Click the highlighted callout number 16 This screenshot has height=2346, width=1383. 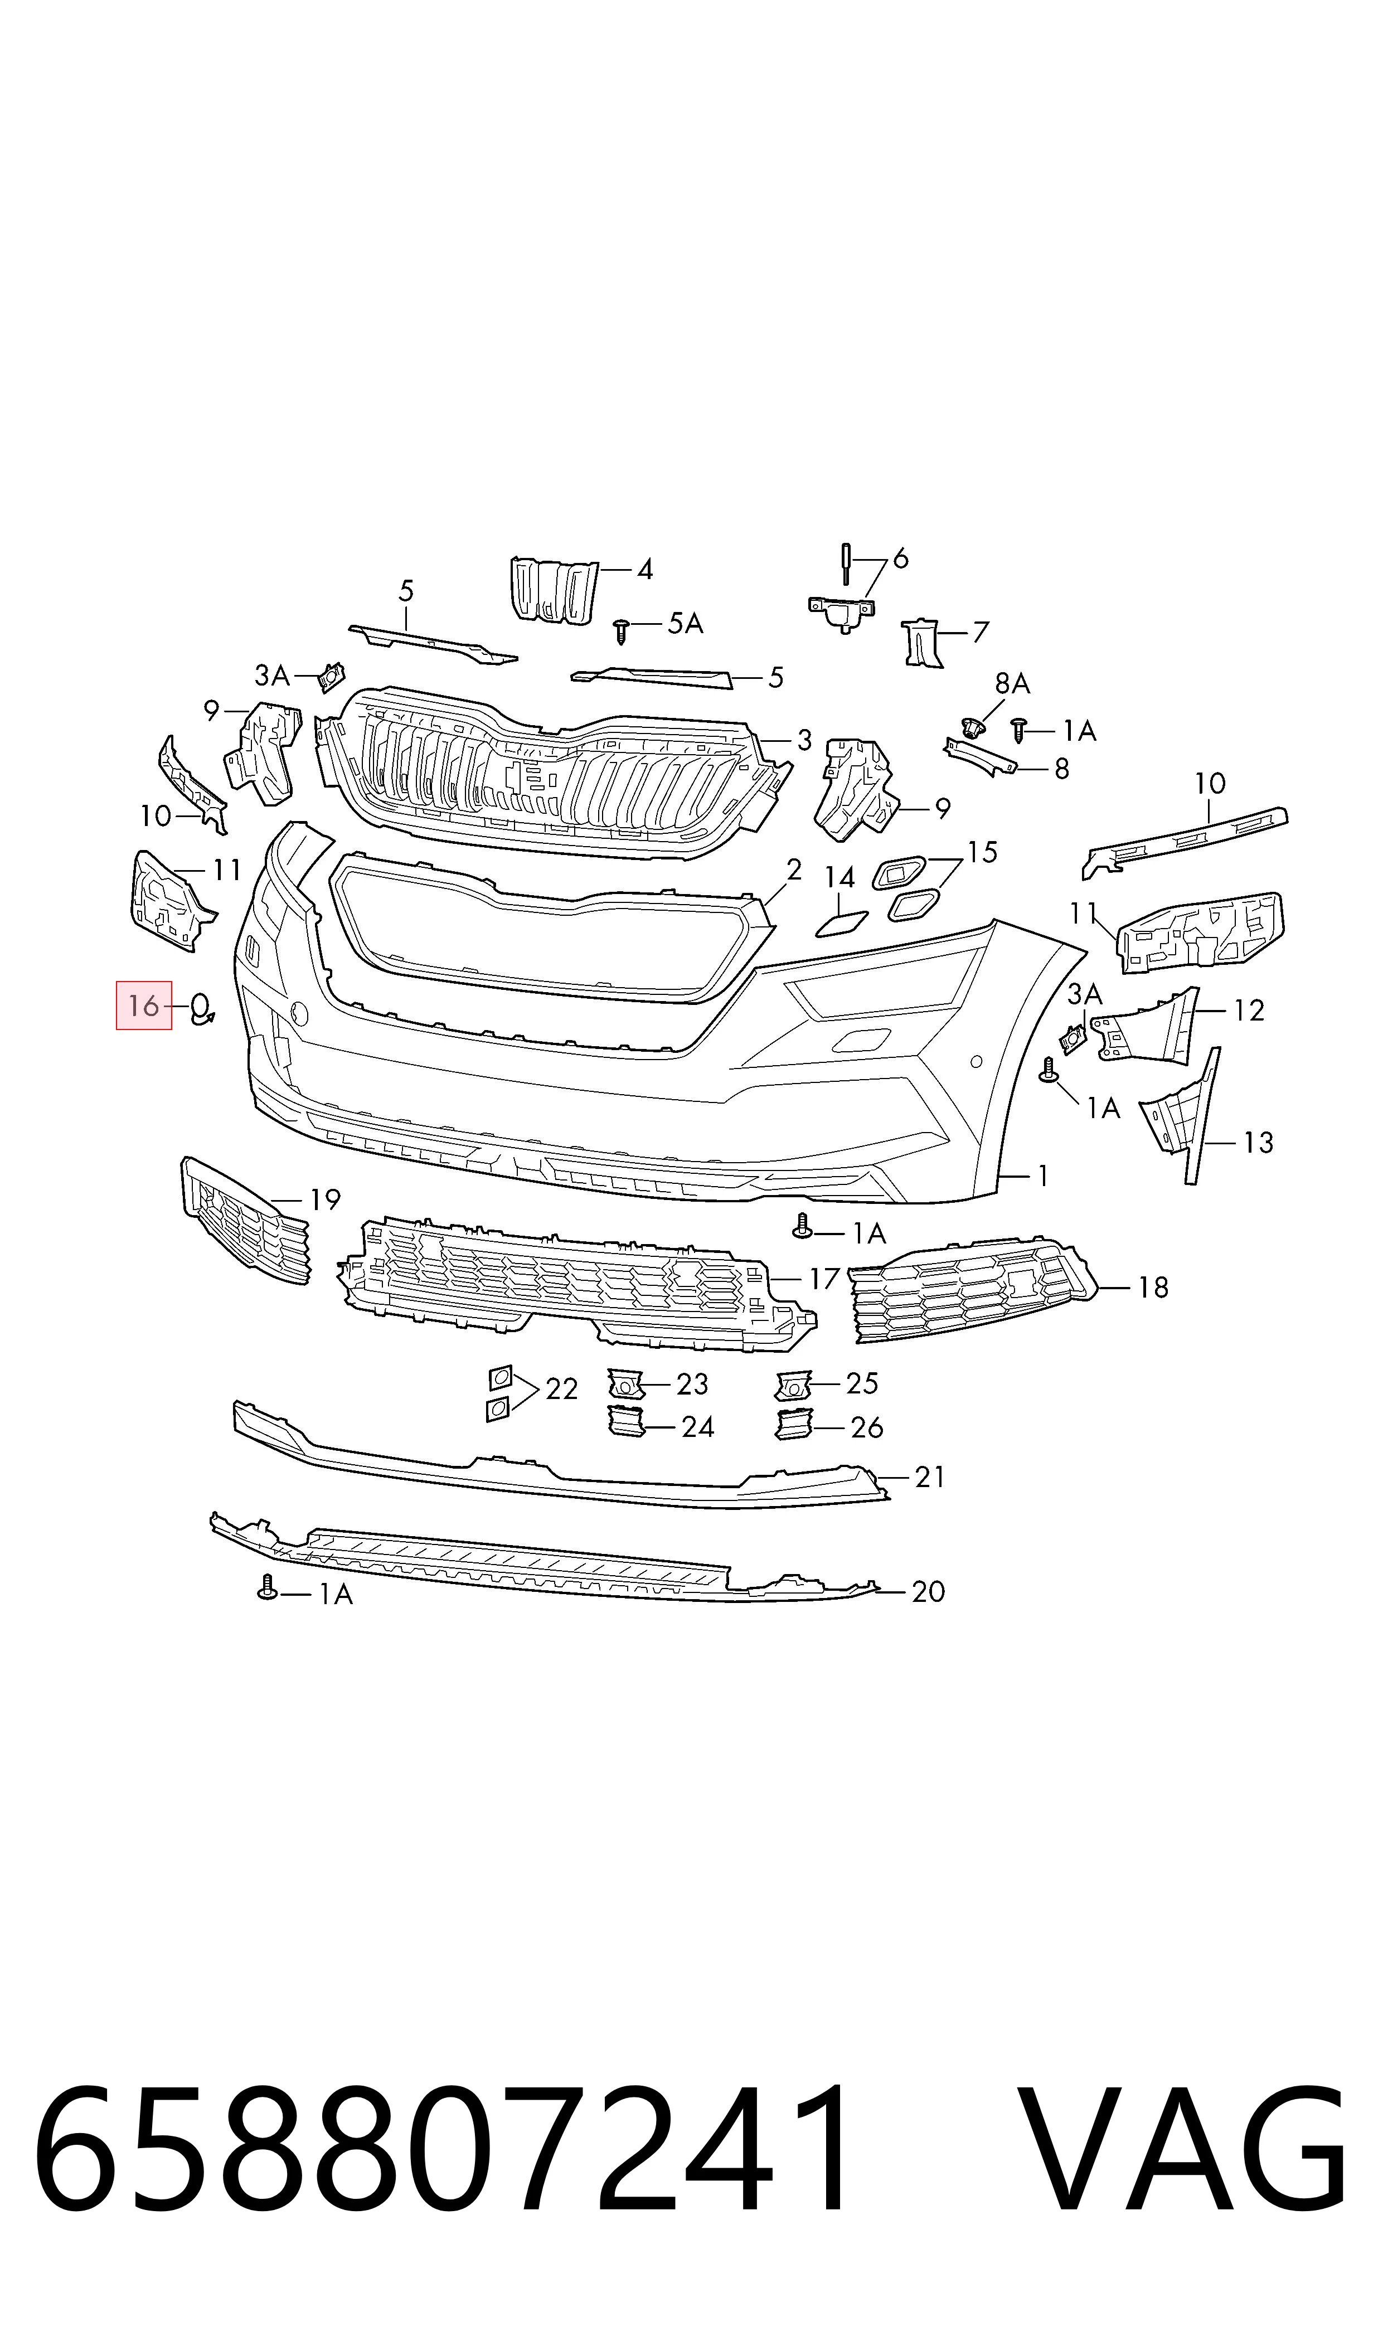(x=143, y=1006)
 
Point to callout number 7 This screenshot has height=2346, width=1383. (x=979, y=633)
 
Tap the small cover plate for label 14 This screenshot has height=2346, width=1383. (x=842, y=924)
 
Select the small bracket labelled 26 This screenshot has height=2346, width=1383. (x=794, y=1425)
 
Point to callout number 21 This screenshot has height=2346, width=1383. (x=930, y=1476)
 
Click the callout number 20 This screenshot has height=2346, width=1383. (x=928, y=1591)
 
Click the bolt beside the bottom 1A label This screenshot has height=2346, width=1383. (x=268, y=1587)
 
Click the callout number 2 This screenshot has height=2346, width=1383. (x=793, y=870)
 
